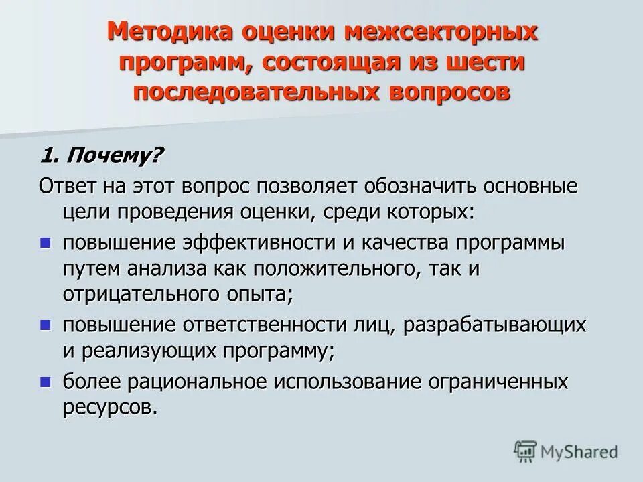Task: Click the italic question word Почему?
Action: point(111,156)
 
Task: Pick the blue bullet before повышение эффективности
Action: point(46,242)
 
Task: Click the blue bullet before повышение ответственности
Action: point(46,325)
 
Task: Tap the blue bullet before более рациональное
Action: point(46,382)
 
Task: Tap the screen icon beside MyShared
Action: point(526,452)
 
